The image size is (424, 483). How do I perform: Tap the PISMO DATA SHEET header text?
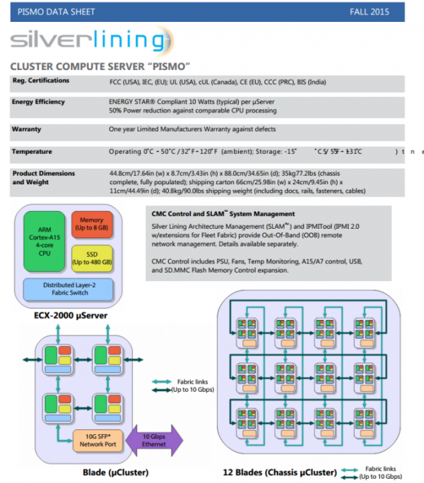tap(57, 12)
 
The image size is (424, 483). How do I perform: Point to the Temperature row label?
tap(33, 151)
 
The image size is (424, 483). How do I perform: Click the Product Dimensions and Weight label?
tap(42, 177)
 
